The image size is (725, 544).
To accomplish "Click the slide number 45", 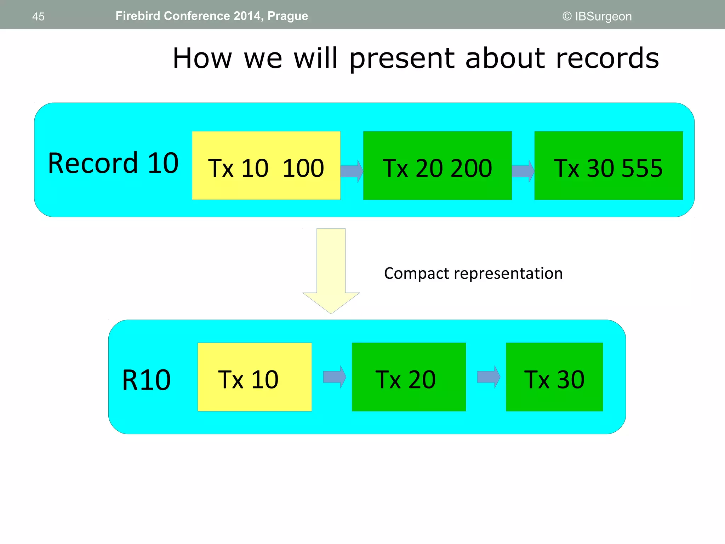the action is tap(38, 17).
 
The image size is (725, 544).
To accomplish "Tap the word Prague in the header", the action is tap(287, 16).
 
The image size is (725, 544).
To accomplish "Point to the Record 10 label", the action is tap(113, 163).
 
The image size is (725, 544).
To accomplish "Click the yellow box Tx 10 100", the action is tap(266, 166).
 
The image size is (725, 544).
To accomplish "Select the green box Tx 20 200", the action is tap(437, 166).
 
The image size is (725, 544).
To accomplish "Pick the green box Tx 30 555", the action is tap(608, 166).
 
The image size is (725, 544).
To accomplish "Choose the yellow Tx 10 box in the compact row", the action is tap(255, 377).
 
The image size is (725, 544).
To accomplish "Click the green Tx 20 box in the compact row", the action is tap(409, 377).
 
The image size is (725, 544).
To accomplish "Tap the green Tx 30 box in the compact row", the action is tap(554, 377).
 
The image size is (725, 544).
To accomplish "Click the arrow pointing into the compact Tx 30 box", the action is tap(489, 377).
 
